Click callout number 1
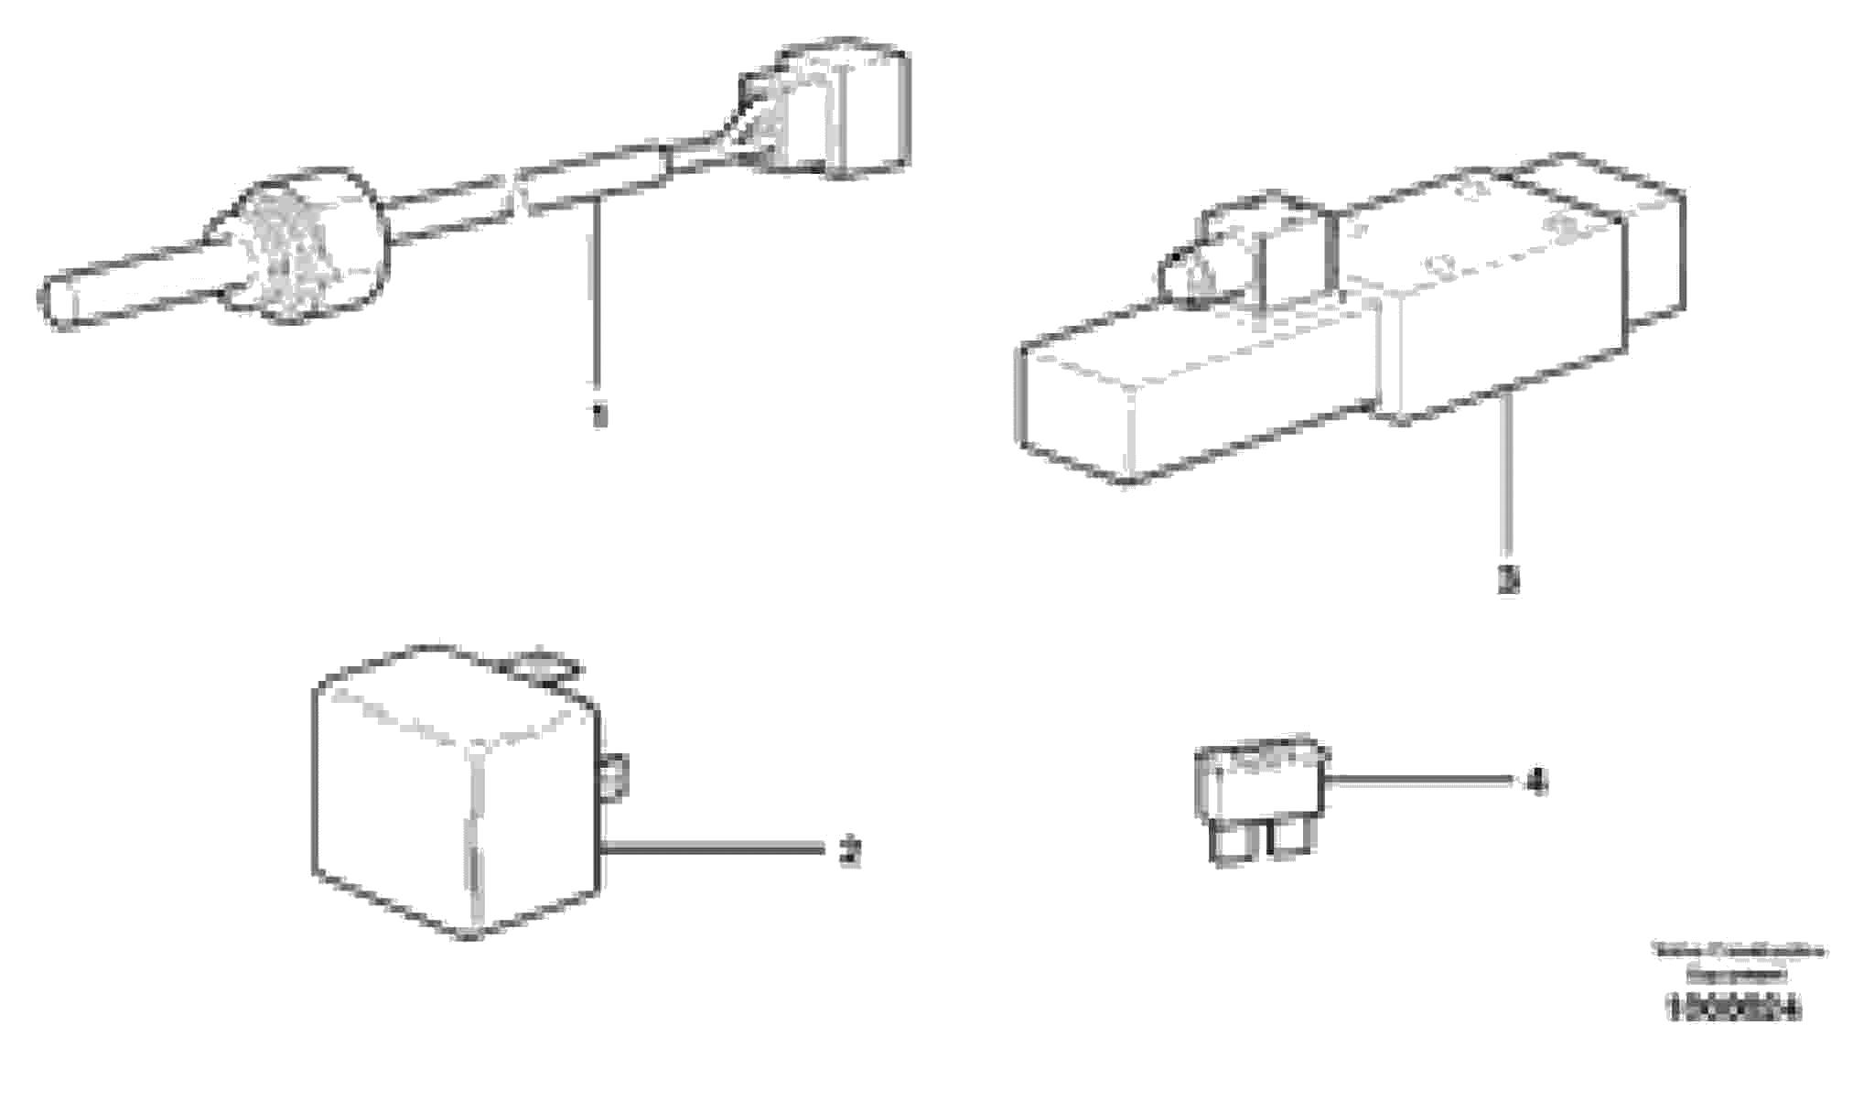[x=598, y=416]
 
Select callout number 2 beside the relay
[x=850, y=853]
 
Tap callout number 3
[x=1508, y=580]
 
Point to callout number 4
[x=1538, y=783]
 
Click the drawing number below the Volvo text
[x=1733, y=1009]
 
